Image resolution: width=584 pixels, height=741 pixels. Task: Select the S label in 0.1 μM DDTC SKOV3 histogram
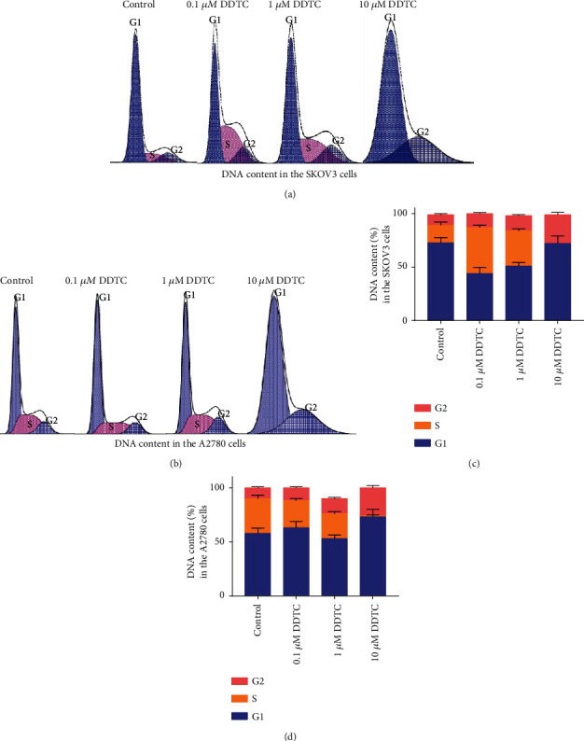[227, 145]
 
